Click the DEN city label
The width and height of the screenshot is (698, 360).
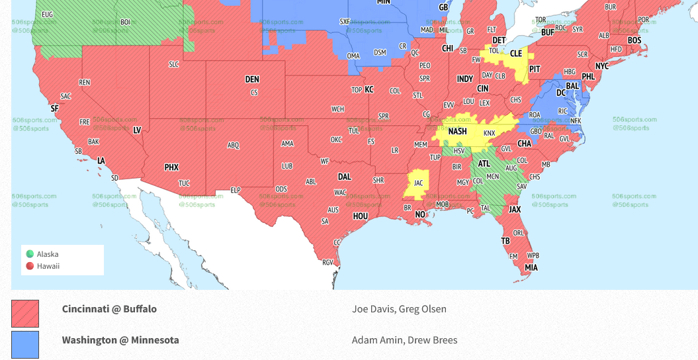(252, 79)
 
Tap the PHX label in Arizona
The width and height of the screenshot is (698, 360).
(171, 167)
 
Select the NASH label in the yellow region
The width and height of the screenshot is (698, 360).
(457, 132)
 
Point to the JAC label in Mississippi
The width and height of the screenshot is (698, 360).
(418, 183)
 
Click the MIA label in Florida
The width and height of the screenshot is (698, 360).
(531, 268)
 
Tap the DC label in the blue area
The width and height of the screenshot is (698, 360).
(561, 93)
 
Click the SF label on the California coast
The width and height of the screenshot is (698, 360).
(54, 109)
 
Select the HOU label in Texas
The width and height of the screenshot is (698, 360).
(360, 216)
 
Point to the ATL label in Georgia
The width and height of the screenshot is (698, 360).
(484, 164)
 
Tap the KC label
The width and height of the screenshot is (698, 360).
(369, 89)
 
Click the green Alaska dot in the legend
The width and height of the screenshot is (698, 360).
(30, 254)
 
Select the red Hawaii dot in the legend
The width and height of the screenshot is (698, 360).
(30, 266)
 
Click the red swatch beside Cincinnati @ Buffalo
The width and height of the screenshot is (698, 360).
(25, 314)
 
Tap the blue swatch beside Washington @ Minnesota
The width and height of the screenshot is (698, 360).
(25, 345)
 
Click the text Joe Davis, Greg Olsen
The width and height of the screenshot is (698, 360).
(399, 309)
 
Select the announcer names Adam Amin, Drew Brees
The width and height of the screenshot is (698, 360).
(404, 340)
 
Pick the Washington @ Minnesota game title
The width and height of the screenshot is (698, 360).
(120, 340)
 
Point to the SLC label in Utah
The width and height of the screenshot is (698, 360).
(174, 64)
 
